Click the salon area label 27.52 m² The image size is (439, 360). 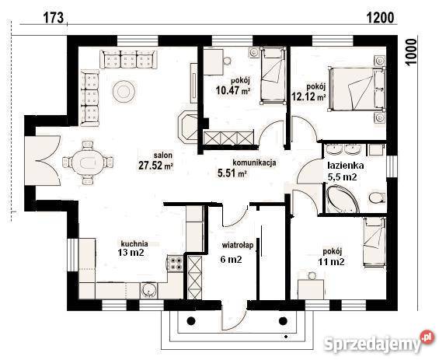point(155,166)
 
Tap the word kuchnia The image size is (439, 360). point(134,243)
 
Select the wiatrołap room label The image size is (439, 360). point(238,246)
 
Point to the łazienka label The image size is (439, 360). point(346,166)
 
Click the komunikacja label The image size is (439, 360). point(255,163)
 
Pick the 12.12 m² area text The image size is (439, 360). point(308,97)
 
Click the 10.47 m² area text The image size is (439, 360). point(232,90)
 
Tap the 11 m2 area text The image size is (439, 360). point(331,262)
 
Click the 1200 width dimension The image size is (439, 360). point(380,18)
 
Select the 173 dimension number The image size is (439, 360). point(54,18)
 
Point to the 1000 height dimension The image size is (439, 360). point(412,52)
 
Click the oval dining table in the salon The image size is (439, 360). point(88,163)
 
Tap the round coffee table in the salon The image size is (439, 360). point(124,91)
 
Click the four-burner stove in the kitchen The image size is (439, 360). point(175,264)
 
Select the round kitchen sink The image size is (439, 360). point(149,291)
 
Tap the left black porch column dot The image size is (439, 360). point(191,320)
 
